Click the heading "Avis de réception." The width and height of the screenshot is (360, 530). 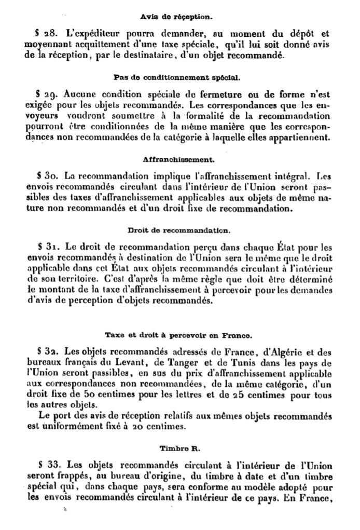(x=176, y=17)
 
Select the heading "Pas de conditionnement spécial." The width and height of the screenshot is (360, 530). (x=176, y=78)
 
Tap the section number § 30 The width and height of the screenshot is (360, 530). (x=47, y=176)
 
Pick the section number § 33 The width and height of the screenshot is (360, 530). (x=48, y=464)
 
